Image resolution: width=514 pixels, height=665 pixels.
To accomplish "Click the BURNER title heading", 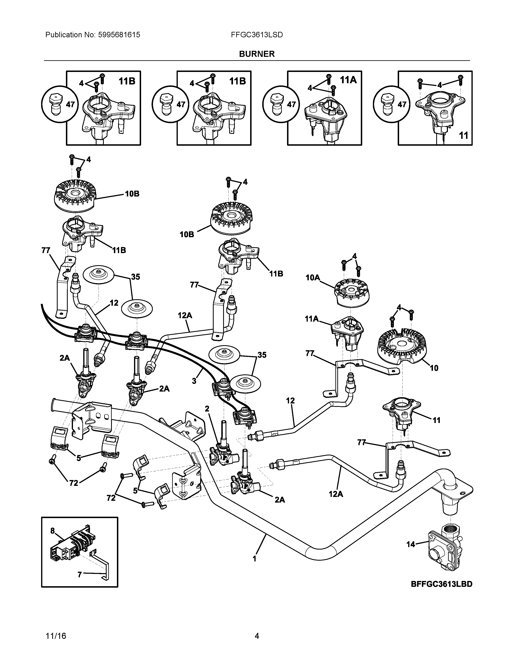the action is click(257, 54).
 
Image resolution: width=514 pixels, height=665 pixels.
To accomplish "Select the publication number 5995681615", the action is click(119, 35).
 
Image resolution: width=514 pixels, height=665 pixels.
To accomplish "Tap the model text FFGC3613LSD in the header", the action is click(257, 35).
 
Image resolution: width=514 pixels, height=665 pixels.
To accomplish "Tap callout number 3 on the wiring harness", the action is click(194, 381).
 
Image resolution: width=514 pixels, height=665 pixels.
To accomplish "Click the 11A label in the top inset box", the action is click(348, 80).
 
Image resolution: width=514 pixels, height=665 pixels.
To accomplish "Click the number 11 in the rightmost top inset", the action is click(463, 135).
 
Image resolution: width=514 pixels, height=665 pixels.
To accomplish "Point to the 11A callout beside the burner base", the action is click(312, 319).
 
